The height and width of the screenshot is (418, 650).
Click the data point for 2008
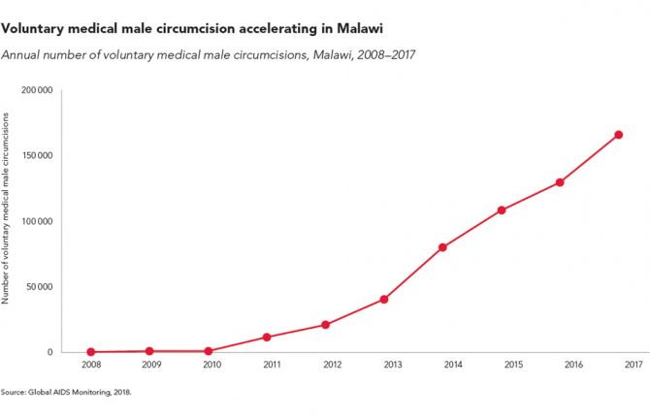pos(91,352)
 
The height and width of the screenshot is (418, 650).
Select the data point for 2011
pos(267,338)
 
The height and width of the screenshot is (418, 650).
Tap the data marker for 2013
pos(384,300)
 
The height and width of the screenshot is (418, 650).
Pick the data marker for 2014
pos(443,247)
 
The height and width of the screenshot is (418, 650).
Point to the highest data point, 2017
pos(619,135)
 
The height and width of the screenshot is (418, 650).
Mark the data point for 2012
pos(326,325)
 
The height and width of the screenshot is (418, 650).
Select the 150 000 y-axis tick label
pos(37,155)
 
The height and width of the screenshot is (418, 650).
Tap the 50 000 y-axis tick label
pos(39,287)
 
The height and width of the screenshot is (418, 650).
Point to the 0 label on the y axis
pos(50,352)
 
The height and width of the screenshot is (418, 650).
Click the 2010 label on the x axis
pos(211,365)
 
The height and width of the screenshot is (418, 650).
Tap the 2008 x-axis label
pos(91,365)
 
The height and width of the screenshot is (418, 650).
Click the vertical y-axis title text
pos(7,209)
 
